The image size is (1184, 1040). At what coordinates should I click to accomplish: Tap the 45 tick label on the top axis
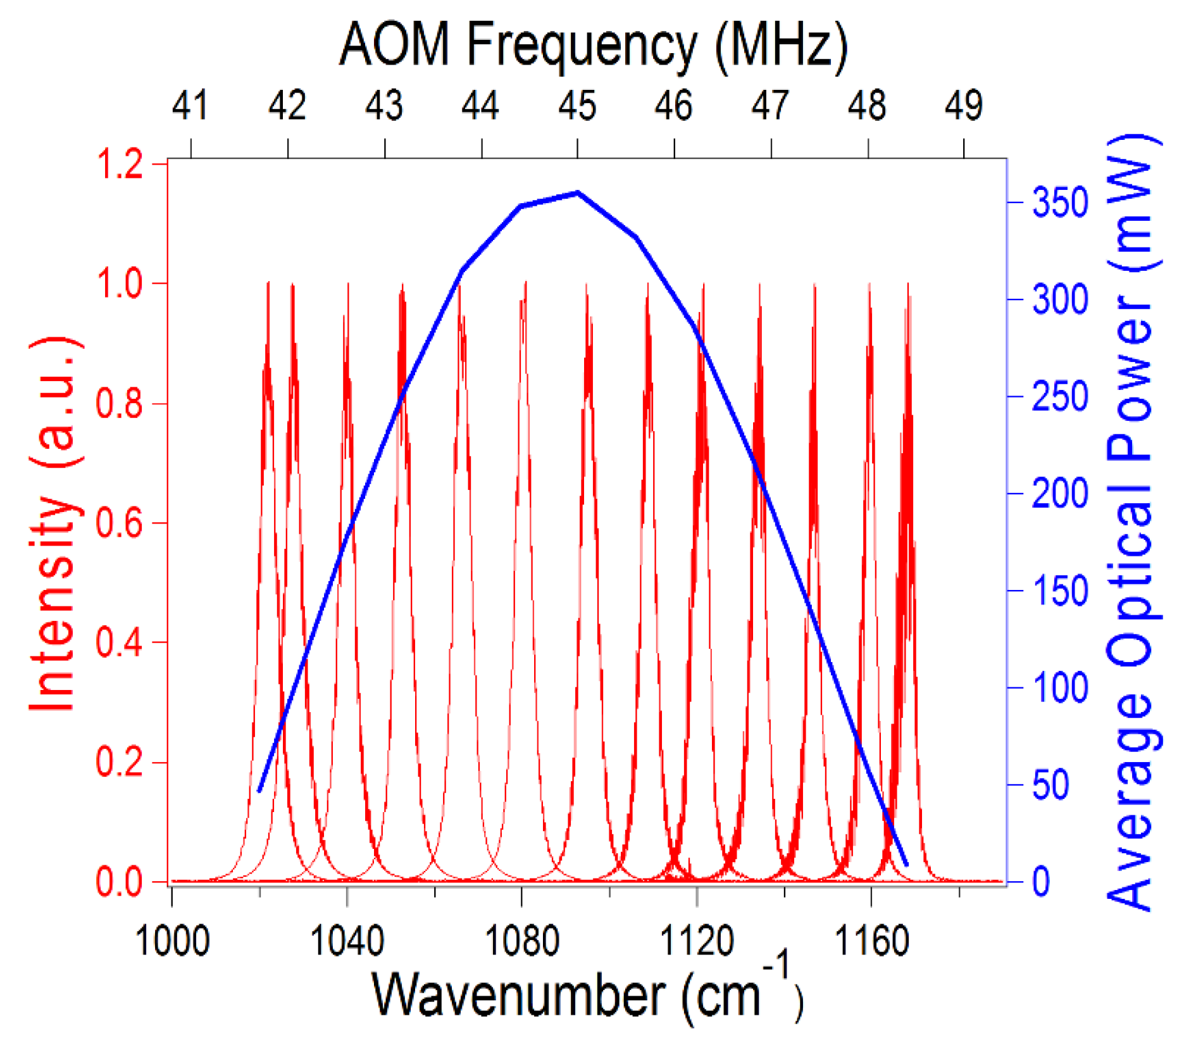pos(577,106)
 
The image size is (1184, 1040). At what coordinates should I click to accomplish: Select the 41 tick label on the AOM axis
pos(190,106)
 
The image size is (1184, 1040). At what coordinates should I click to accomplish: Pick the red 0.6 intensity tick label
pos(119,523)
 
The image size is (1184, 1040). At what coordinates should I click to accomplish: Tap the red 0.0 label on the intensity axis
pos(119,882)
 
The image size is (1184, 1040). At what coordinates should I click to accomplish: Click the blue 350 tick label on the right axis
pos(1060,203)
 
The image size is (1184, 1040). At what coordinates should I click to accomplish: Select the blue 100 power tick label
pos(1060,687)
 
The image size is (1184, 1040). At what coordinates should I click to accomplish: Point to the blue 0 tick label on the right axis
pos(1041,882)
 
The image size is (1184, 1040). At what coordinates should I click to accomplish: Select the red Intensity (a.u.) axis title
pos(54,523)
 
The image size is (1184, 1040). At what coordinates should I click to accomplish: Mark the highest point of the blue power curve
pos(578,192)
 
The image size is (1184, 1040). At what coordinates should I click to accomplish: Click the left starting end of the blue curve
pos(259,791)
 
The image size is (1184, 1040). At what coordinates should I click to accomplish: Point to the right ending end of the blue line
pos(906,864)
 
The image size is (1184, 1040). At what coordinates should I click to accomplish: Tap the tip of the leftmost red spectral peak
pos(268,283)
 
